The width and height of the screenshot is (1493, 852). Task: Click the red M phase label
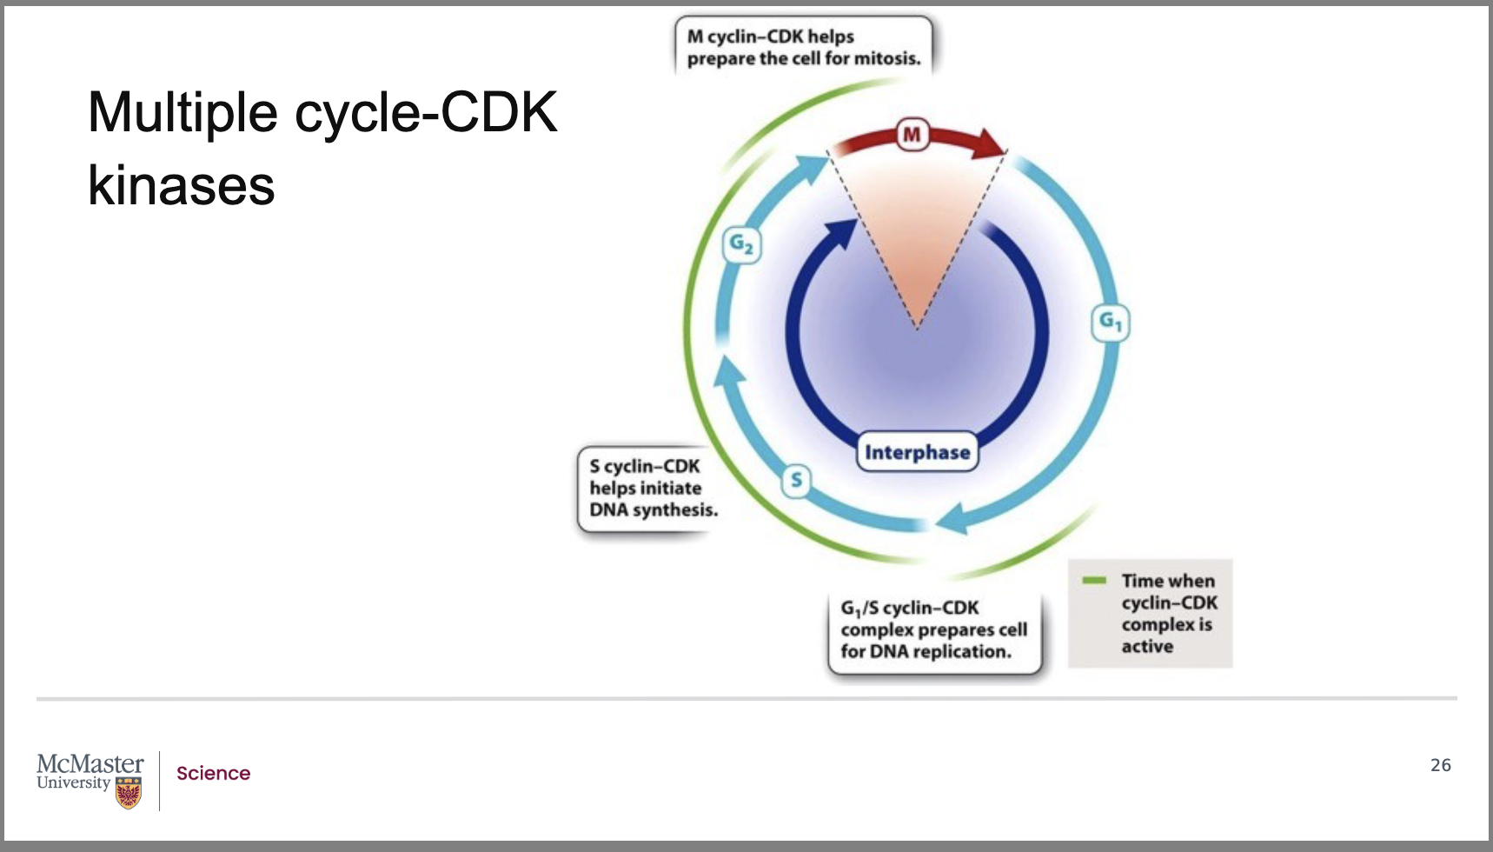[x=912, y=135]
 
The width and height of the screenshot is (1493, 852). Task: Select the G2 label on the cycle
[x=741, y=244]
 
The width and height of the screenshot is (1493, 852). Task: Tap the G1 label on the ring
[x=1110, y=323]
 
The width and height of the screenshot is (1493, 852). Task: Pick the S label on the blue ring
[x=796, y=481]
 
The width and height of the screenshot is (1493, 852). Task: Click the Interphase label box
[x=917, y=452]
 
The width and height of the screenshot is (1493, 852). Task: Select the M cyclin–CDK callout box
[x=803, y=47]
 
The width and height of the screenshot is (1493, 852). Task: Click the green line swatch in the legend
[x=1094, y=580]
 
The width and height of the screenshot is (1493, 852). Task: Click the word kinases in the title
[x=182, y=185]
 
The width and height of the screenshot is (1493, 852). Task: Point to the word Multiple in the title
[x=182, y=113]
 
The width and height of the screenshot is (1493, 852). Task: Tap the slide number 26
[x=1440, y=765]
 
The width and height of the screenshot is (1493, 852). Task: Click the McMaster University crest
[x=129, y=792]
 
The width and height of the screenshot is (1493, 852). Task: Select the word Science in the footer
[x=213, y=773]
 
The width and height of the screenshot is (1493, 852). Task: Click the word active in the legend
[x=1147, y=646]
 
